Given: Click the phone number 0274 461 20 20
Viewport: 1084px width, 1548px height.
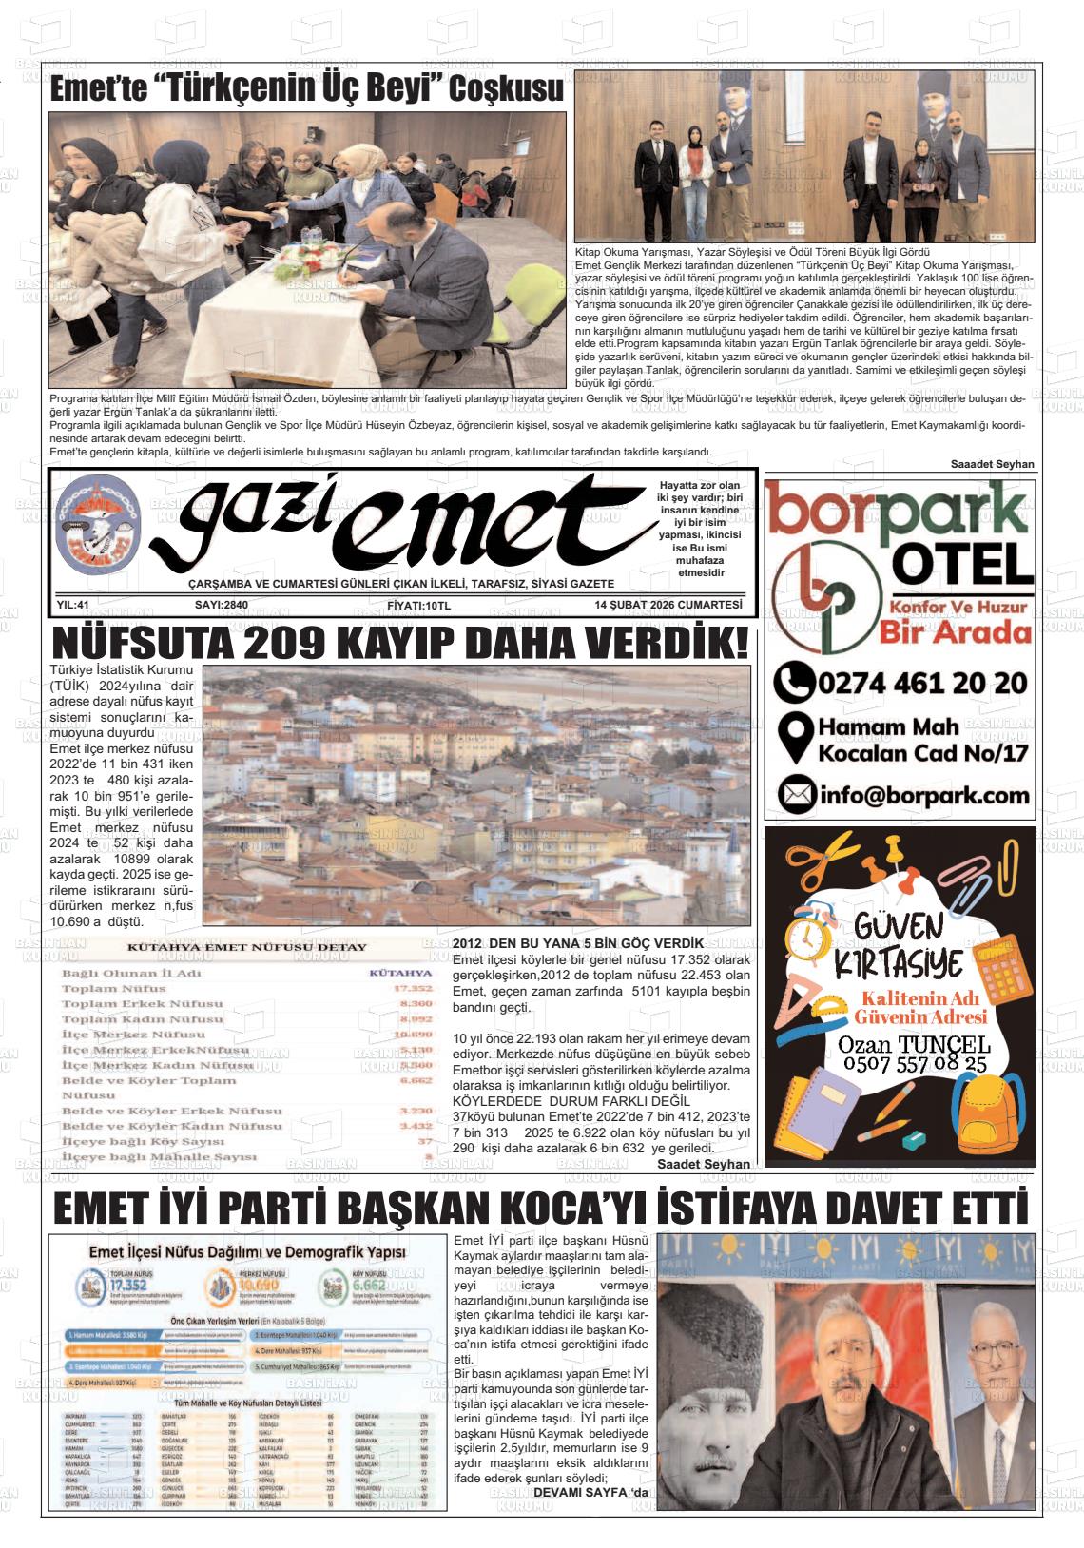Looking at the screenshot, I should point(920,683).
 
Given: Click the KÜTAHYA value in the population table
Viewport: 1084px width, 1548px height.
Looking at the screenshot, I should point(399,973).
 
